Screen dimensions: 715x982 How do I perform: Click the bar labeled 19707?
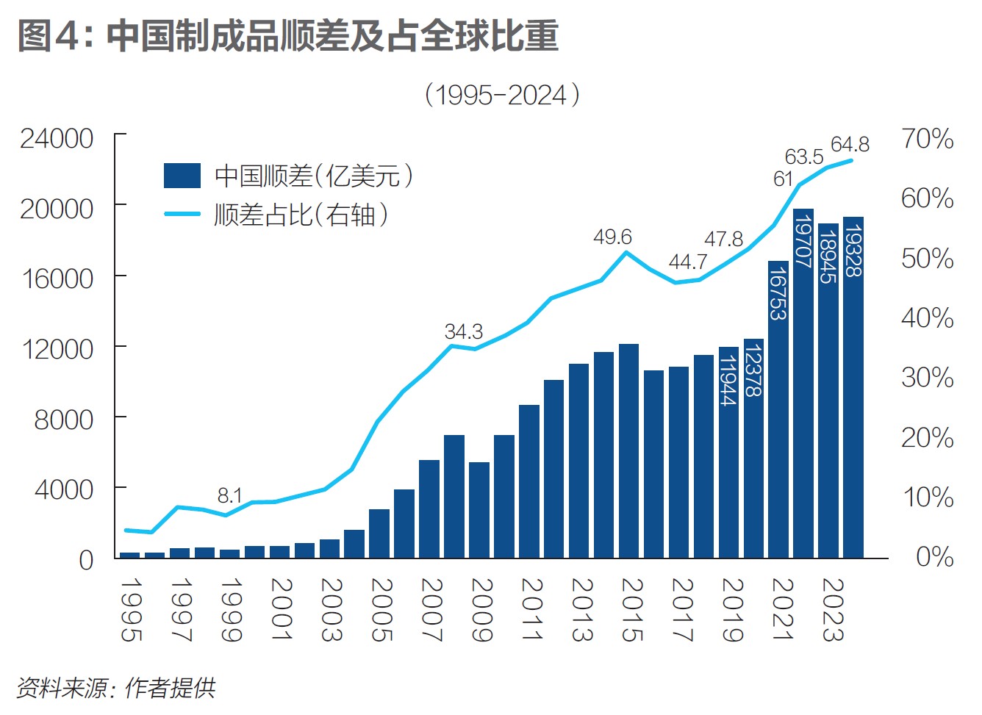[x=803, y=382]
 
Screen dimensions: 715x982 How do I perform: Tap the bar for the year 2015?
[x=628, y=450]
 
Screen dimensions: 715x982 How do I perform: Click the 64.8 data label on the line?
[x=850, y=145]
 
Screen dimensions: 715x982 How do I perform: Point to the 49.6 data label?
[x=612, y=237]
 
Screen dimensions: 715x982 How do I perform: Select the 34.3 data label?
[x=464, y=332]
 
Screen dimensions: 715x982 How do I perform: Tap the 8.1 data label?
[x=229, y=496]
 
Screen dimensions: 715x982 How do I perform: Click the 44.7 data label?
[x=687, y=262]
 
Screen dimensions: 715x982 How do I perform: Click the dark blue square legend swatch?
[x=182, y=176]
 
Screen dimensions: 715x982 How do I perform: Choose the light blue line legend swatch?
[x=182, y=215]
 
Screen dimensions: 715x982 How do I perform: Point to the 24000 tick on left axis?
[x=57, y=138]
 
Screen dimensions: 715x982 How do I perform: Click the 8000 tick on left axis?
[x=64, y=420]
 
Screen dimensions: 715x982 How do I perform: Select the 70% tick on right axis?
[x=928, y=138]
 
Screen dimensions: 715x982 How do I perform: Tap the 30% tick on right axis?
[x=928, y=378]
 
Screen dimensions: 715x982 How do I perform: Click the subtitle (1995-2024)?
[x=503, y=95]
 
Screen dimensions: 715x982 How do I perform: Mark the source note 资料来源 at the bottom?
[x=116, y=688]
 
